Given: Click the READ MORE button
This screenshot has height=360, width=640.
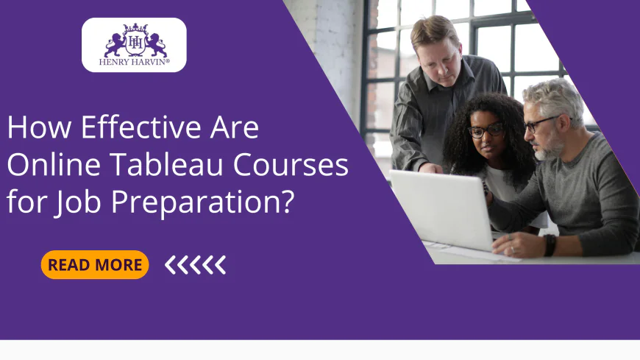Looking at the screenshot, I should [x=95, y=265].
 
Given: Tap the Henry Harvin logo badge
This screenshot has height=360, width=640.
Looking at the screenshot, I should [x=134, y=45].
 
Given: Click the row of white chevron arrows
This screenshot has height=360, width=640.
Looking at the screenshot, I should [x=195, y=265].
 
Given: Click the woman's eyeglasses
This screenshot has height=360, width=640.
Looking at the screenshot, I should [x=488, y=131].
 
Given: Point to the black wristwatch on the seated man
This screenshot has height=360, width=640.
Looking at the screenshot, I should [x=550, y=244].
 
